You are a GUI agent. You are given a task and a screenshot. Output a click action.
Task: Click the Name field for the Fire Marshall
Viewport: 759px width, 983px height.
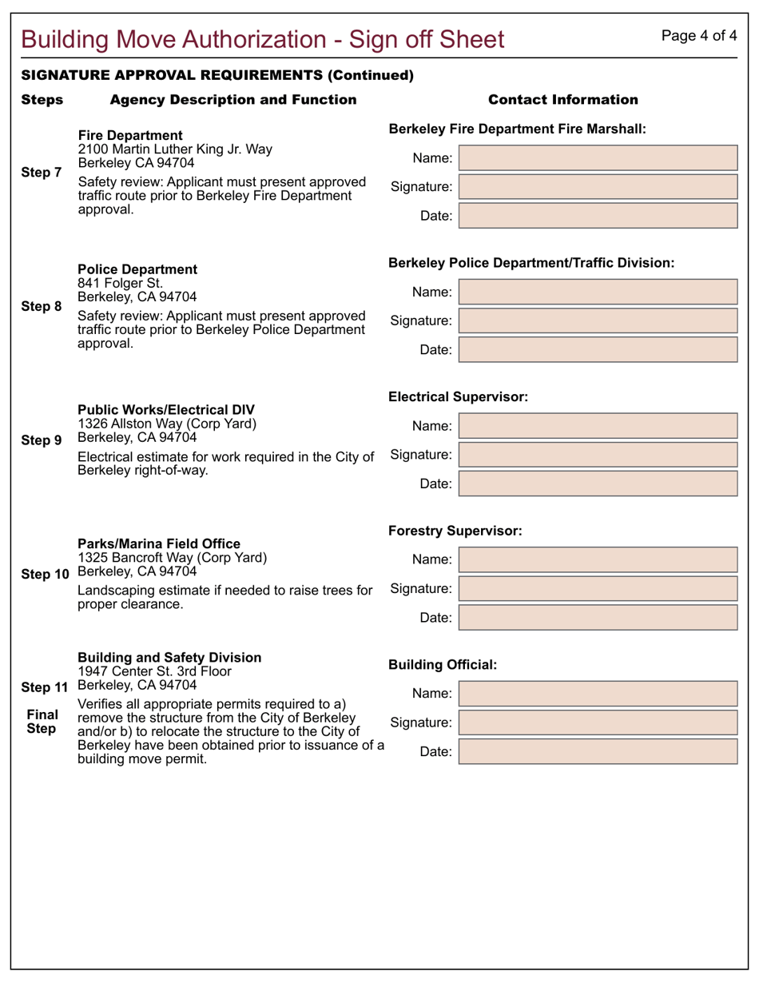point(598,158)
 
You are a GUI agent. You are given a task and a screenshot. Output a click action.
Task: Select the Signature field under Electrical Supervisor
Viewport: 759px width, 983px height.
point(598,455)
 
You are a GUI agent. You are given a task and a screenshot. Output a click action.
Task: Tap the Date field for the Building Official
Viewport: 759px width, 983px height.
point(598,752)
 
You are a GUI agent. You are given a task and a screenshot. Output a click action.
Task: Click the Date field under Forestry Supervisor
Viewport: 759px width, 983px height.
point(598,618)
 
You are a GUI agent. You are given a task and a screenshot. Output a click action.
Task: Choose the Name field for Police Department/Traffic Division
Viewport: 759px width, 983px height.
point(598,293)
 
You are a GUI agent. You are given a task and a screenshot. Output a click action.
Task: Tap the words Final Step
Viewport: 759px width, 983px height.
point(42,722)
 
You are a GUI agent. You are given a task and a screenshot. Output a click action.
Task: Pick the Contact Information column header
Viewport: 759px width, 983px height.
point(562,100)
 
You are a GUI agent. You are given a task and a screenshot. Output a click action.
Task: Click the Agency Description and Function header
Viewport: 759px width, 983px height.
point(233,100)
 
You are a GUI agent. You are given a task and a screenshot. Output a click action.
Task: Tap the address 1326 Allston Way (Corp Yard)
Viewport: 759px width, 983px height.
point(167,424)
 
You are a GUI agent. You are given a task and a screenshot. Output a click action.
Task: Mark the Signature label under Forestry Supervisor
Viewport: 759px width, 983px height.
point(421,589)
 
